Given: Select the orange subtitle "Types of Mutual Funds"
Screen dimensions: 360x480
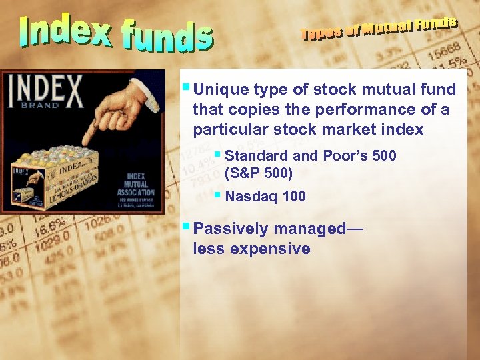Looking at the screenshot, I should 379,29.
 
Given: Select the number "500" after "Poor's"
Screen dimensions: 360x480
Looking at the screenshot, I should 383,156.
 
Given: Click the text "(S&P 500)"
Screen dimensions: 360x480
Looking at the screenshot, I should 259,173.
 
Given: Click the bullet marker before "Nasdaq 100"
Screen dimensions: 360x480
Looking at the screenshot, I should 217,195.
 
